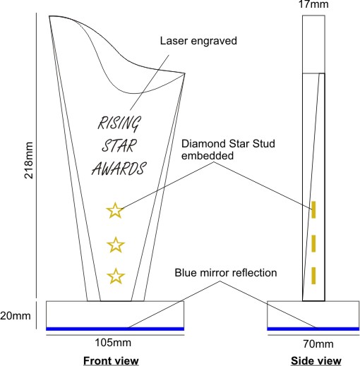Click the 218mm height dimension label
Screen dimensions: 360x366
[x=29, y=160]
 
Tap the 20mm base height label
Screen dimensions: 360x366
[x=16, y=315]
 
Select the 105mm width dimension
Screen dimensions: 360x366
[x=113, y=343]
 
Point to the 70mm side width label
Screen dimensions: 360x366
[x=318, y=344]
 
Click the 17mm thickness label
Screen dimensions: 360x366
[x=313, y=4]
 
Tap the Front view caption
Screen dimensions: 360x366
[x=111, y=360]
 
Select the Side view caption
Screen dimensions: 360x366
[x=316, y=360]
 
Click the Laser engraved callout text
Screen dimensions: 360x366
[x=198, y=41]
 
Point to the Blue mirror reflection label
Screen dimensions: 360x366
[x=226, y=273]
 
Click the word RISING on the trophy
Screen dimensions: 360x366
[x=119, y=123]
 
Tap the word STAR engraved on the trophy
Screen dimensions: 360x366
[x=119, y=146]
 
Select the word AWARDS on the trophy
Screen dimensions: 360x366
[x=119, y=169]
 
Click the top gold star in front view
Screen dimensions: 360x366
[x=115, y=210]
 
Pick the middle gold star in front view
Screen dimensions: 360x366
[x=116, y=245]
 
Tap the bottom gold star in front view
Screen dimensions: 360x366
[x=116, y=276]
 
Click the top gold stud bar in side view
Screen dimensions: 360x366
[x=313, y=209]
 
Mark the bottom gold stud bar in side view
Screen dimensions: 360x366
[x=313, y=276]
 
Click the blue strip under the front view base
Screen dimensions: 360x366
[x=115, y=329]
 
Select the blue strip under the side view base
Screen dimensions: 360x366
[x=313, y=329]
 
